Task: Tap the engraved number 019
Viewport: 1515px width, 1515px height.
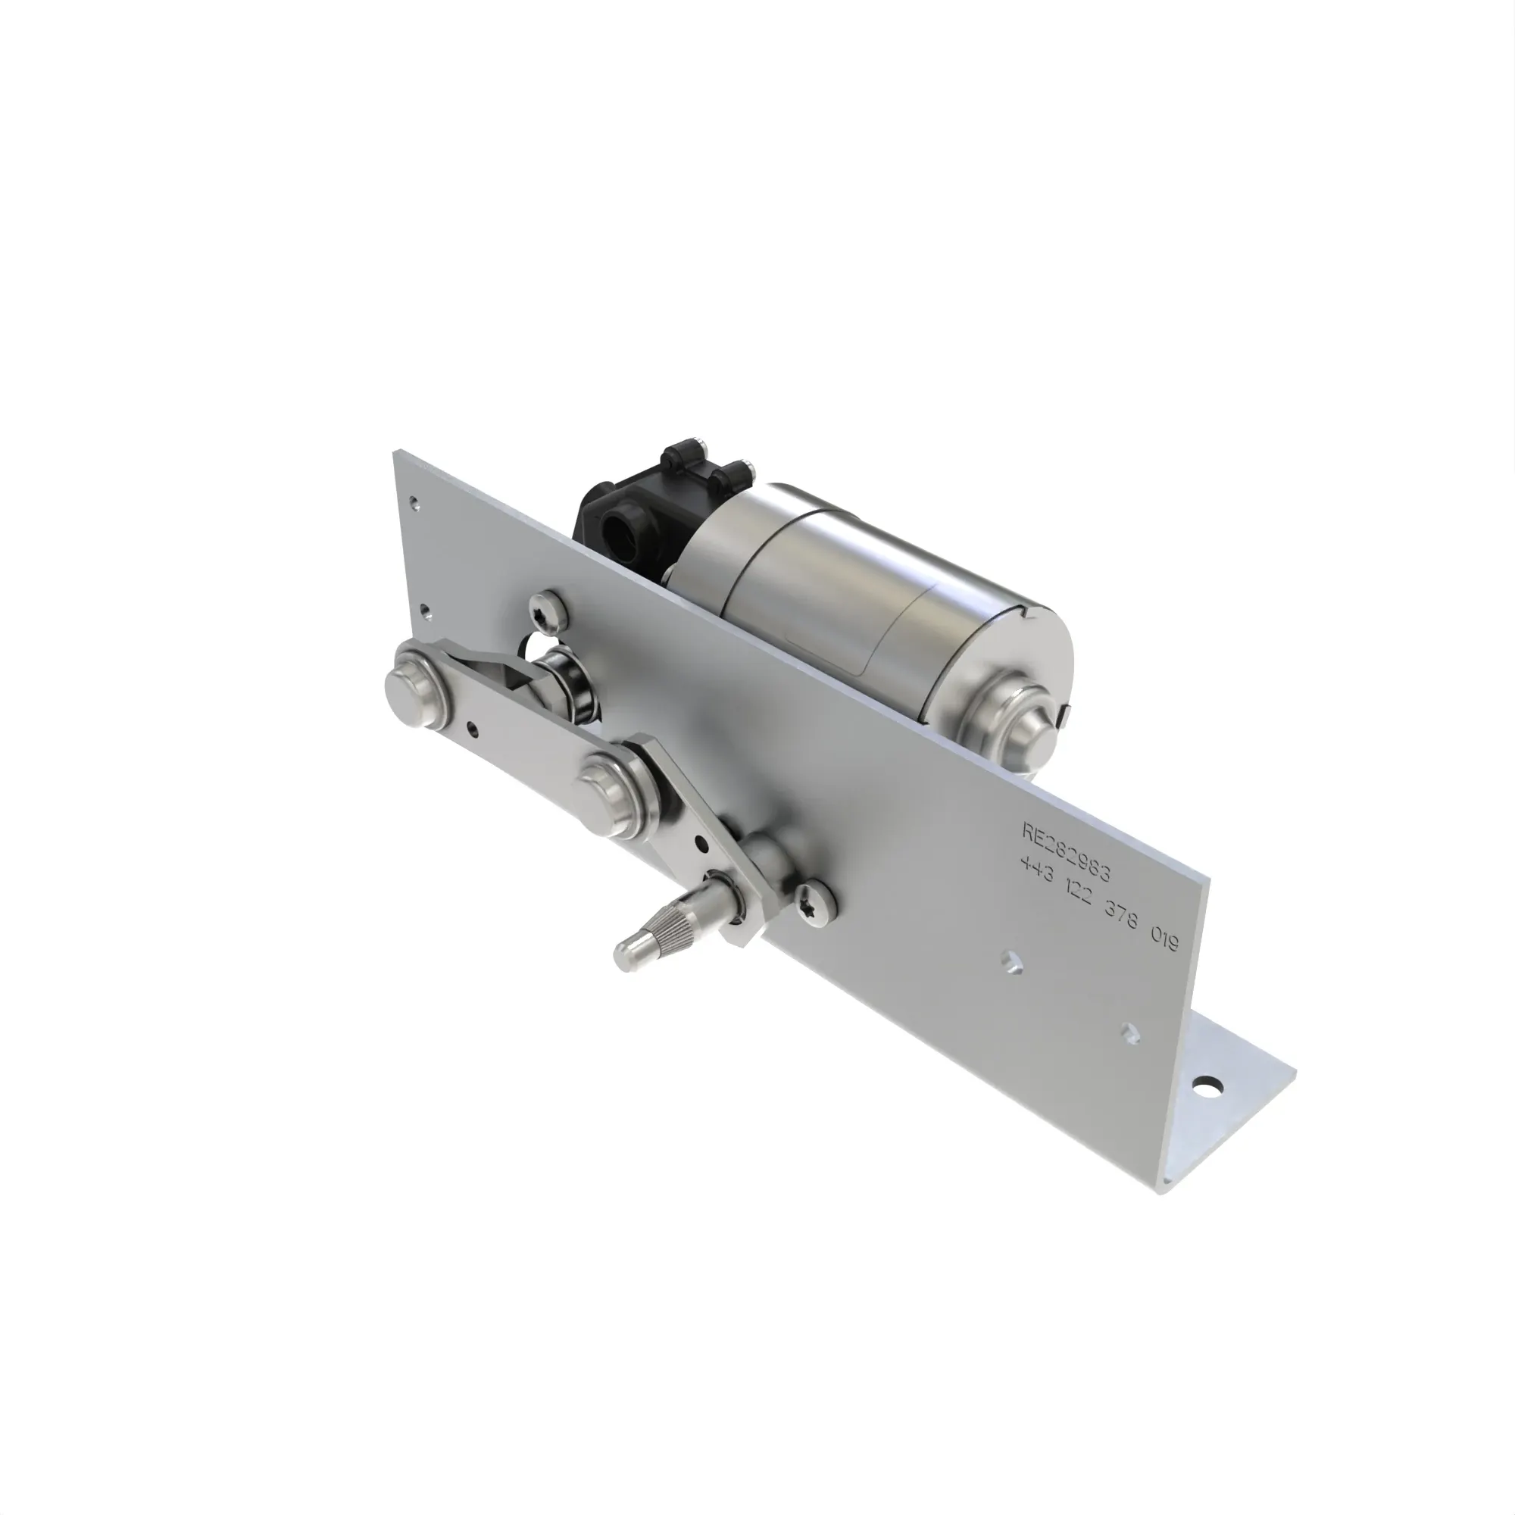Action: [1164, 938]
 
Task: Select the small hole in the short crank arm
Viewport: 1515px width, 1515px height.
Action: [702, 846]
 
